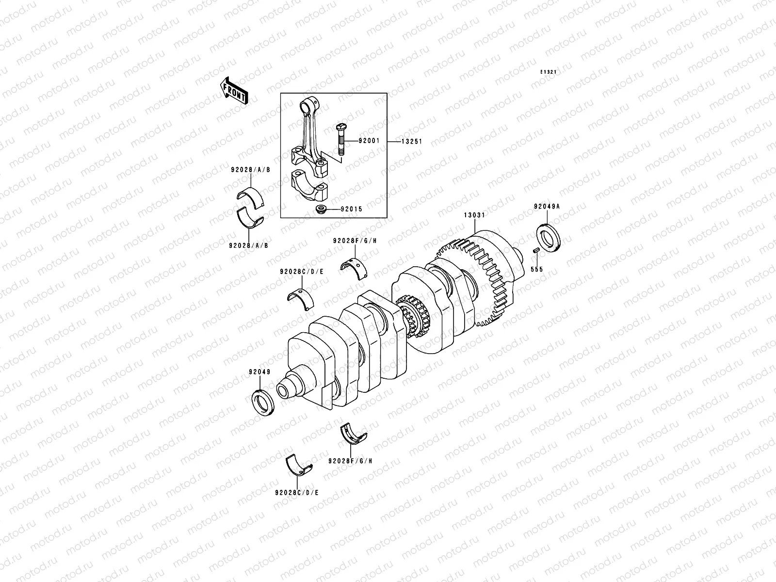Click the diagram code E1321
pyautogui.click(x=549, y=72)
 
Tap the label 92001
pyautogui.click(x=369, y=142)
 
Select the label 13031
pyautogui.click(x=473, y=214)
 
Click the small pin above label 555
pyautogui.click(x=536, y=250)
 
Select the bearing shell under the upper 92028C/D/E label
pyautogui.click(x=301, y=299)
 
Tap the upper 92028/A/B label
pyautogui.click(x=250, y=170)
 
